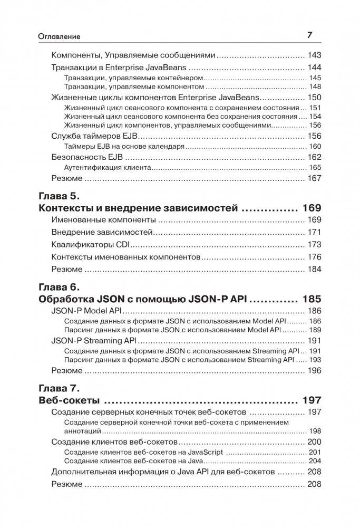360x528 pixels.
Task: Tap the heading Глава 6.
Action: [59, 287]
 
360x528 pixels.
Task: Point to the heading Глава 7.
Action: [59, 388]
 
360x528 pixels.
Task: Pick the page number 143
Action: [314, 55]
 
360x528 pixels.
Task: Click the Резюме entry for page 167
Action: [67, 179]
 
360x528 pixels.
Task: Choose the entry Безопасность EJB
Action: [86, 157]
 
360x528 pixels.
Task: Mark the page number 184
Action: [314, 269]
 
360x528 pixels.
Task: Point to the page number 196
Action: [314, 370]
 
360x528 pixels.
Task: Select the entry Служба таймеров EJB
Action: [94, 136]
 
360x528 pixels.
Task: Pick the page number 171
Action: [314, 233]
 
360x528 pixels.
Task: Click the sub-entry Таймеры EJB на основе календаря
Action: [124, 146]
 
